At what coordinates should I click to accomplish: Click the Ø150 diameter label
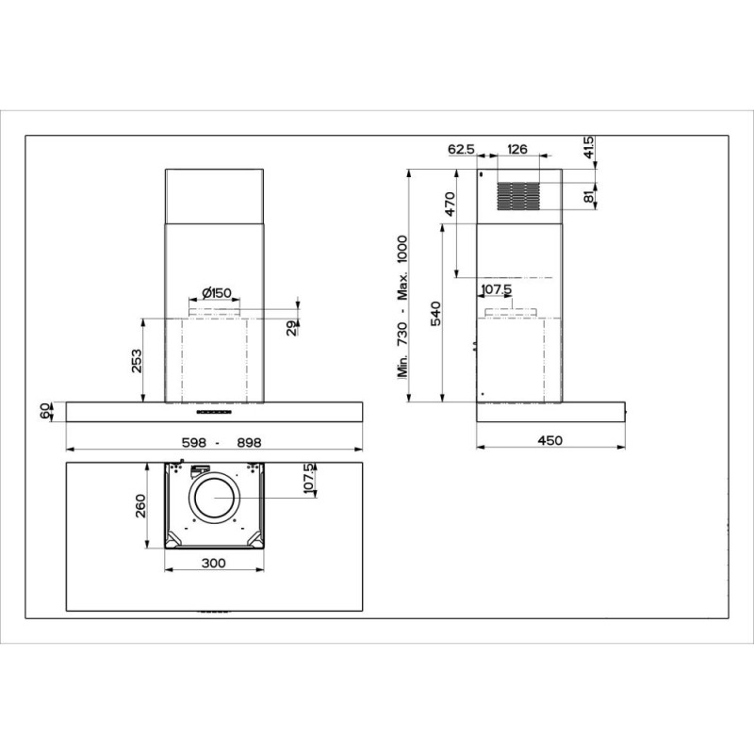[217, 292]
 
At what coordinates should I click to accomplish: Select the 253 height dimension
[137, 361]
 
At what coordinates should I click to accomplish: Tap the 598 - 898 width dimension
[221, 442]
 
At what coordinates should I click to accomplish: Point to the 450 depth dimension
[550, 440]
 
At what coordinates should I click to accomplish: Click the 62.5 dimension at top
[461, 149]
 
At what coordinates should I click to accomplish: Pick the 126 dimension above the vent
[516, 149]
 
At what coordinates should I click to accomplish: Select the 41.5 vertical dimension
[589, 148]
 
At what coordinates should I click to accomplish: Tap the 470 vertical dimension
[450, 204]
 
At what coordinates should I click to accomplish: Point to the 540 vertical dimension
[435, 314]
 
